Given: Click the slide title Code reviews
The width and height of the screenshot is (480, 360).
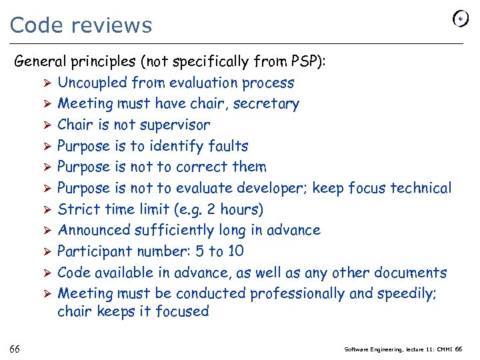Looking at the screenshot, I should pos(81,25).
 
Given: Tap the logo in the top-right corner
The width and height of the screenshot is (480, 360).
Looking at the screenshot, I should pos(460,19).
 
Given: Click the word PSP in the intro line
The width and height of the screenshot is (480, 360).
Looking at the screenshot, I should pos(306,62).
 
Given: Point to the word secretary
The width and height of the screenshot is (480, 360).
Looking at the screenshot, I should pos(270,104).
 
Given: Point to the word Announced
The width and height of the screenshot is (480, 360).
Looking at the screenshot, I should pos(94,230).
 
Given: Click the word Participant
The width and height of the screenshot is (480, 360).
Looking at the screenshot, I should pos(94,251).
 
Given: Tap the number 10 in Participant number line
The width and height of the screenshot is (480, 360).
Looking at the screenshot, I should pos(235,251).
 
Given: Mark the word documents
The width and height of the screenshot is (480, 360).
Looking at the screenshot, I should pos(410,273).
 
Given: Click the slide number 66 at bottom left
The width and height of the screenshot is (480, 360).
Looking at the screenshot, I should pos(15,349).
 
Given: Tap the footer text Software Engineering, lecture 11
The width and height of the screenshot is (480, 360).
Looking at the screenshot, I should pos(392,349).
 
